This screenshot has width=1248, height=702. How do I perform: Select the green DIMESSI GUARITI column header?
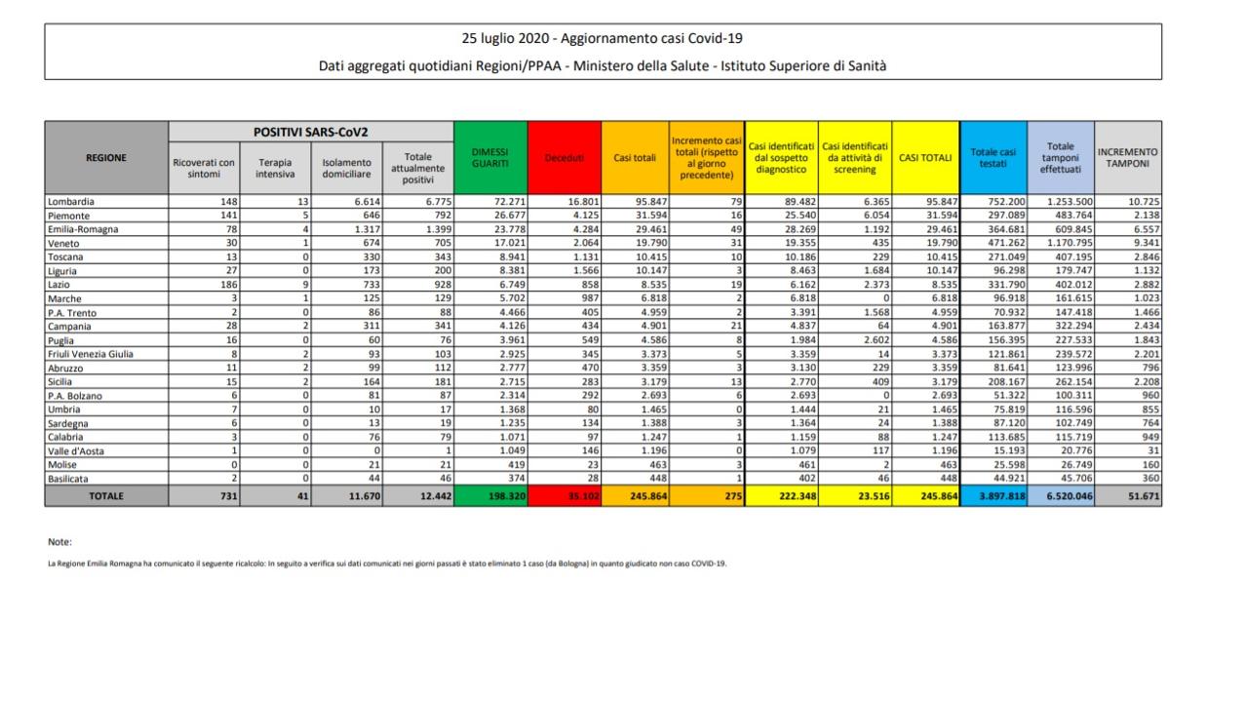pos(490,157)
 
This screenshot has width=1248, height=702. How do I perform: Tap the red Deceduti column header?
pos(565,157)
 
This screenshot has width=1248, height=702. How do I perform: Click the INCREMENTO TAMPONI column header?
pos(1128,157)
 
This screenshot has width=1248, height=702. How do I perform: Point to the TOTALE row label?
pos(106,496)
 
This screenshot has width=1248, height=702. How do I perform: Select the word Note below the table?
pos(59,541)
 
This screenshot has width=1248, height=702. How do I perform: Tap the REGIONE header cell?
pos(106,157)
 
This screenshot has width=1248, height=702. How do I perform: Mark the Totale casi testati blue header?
pos(993,157)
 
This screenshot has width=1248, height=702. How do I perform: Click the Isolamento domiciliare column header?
pos(347,167)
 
